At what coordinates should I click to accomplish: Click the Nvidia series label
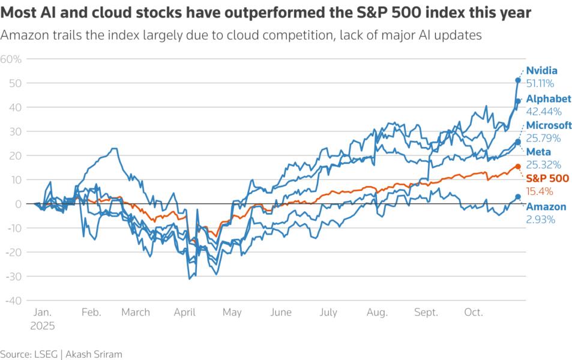(541, 70)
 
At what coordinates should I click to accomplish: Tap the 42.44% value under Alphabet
(544, 112)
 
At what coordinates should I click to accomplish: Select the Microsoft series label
(549, 125)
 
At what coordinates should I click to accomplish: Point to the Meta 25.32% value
(544, 164)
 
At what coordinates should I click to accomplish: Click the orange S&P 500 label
(546, 178)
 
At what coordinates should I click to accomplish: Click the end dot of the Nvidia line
(518, 80)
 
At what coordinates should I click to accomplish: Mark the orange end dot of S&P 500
(518, 167)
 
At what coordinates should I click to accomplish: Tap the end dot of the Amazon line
(518, 197)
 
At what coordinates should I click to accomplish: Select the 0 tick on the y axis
(19, 204)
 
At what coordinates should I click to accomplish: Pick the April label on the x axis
(184, 313)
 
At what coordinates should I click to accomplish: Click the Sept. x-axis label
(426, 313)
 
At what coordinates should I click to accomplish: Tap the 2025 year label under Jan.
(43, 326)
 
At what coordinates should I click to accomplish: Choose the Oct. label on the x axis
(474, 313)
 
